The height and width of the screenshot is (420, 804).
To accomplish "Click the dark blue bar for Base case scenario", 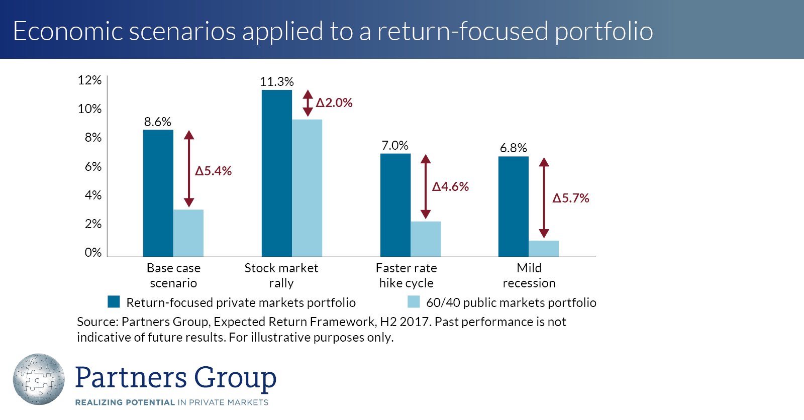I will [x=158, y=193].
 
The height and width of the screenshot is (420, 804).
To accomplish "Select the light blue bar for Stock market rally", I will [x=307, y=188].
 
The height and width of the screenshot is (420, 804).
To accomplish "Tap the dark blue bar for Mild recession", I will [x=513, y=206].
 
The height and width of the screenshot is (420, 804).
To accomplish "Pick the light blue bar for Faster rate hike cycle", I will [x=426, y=239].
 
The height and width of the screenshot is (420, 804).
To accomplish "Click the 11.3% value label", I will [x=276, y=81].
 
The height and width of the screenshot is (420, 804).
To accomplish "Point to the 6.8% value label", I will [x=513, y=148].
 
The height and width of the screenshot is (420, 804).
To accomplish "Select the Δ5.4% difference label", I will [x=214, y=171].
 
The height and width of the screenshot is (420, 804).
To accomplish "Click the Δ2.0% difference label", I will [x=334, y=102].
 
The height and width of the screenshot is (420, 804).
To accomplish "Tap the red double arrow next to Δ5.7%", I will [x=544, y=197].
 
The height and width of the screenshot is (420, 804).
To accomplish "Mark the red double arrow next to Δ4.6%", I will [x=426, y=186].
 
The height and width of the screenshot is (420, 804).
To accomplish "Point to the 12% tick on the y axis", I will [x=89, y=80].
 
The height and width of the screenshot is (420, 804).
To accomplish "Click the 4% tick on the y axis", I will [x=93, y=195].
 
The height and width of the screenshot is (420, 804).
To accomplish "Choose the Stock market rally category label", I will [x=281, y=275].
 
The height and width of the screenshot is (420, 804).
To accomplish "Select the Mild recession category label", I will [x=529, y=275].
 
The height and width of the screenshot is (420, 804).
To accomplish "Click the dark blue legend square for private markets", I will [x=114, y=301].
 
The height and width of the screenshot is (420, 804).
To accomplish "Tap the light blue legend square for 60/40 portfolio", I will [x=414, y=301].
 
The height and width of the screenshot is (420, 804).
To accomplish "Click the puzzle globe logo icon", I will [x=39, y=379].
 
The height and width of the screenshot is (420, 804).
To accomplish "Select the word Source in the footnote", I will [x=96, y=322].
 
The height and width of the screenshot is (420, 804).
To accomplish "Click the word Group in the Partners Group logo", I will [x=235, y=378].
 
